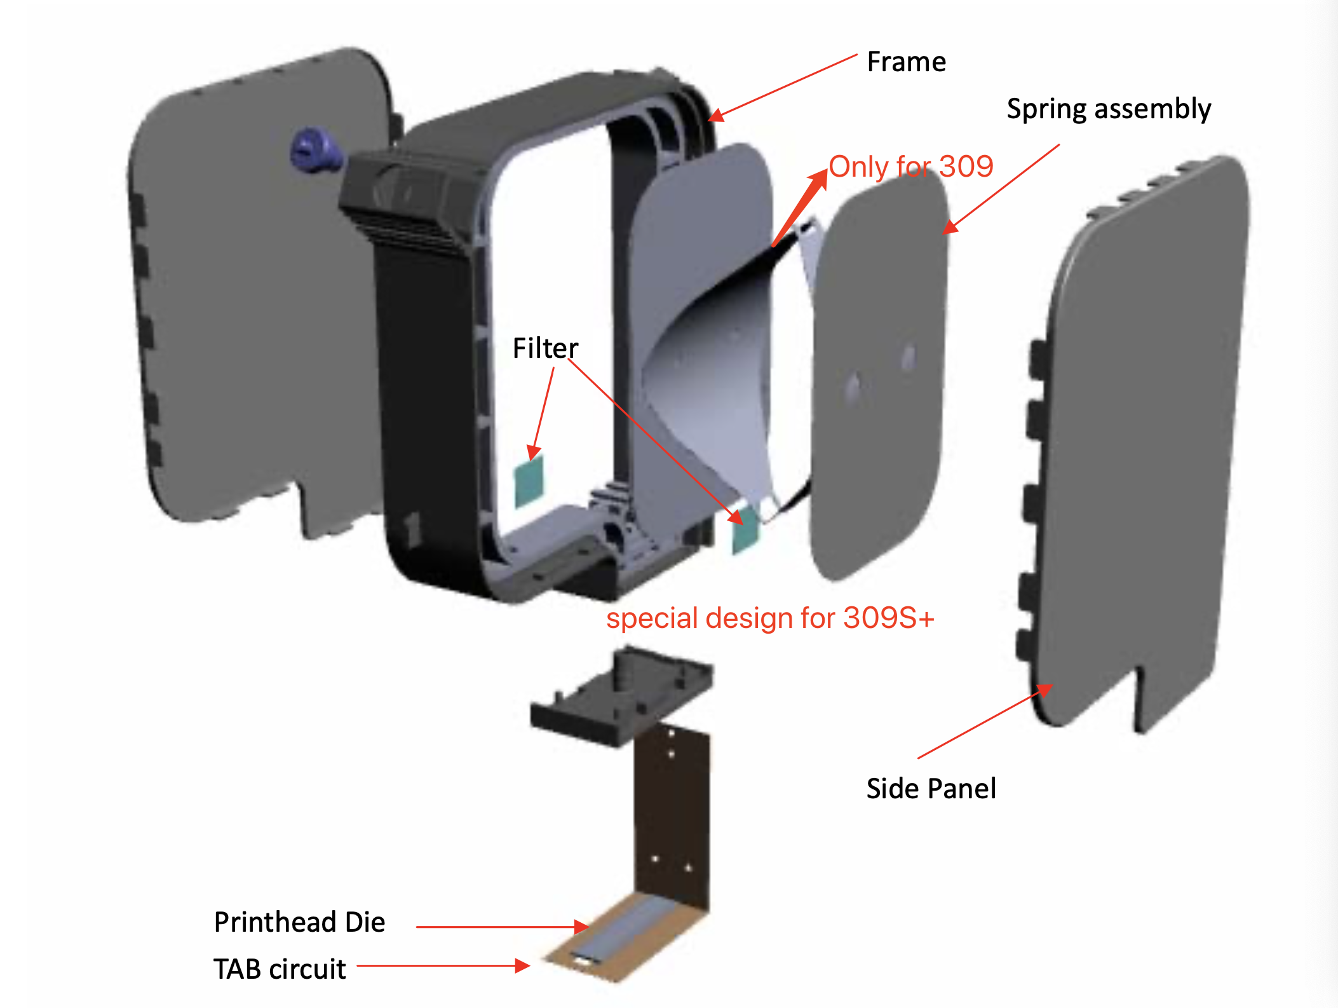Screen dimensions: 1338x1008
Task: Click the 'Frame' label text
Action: pyautogui.click(x=907, y=62)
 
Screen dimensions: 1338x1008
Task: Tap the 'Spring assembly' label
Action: pyautogui.click(x=1109, y=109)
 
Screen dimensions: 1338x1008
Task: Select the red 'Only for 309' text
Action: pyautogui.click(x=911, y=167)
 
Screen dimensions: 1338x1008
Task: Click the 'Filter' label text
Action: pyautogui.click(x=545, y=348)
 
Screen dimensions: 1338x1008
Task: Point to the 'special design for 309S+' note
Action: pyautogui.click(x=770, y=618)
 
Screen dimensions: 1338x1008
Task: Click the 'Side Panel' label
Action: pyautogui.click(x=931, y=789)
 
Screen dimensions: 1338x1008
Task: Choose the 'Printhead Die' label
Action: pyautogui.click(x=299, y=922)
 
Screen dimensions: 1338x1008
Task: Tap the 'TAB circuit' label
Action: pyautogui.click(x=280, y=969)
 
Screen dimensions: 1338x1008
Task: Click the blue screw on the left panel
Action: pyautogui.click(x=316, y=150)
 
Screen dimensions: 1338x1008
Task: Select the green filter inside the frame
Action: pyautogui.click(x=529, y=480)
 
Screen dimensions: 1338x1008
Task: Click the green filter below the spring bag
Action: pyautogui.click(x=745, y=529)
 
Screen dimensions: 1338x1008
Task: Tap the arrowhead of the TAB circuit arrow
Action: pyautogui.click(x=522, y=966)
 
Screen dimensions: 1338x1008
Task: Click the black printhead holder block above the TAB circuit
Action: pyautogui.click(x=621, y=696)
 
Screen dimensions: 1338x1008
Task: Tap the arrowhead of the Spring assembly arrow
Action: pyautogui.click(x=950, y=227)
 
